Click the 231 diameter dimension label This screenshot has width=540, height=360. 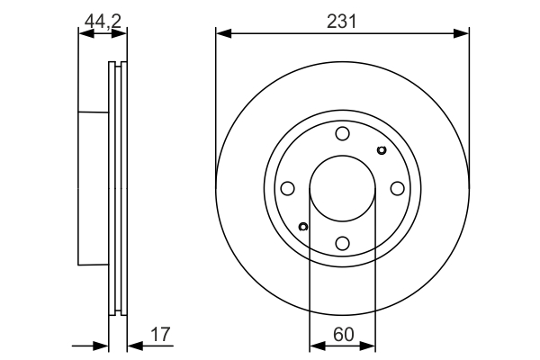tap(342, 21)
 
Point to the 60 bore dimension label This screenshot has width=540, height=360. tap(341, 335)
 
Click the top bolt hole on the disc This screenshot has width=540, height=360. tap(342, 134)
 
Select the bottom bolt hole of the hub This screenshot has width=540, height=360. tap(342, 243)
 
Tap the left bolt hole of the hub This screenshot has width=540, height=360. tap(287, 189)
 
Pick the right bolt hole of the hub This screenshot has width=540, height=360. tap(397, 189)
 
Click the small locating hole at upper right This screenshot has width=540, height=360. tap(381, 150)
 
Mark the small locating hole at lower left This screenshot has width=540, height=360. tap(303, 227)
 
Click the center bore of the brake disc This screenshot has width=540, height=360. tap(342, 189)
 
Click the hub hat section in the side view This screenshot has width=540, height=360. tap(94, 189)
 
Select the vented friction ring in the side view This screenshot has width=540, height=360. tap(118, 189)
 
